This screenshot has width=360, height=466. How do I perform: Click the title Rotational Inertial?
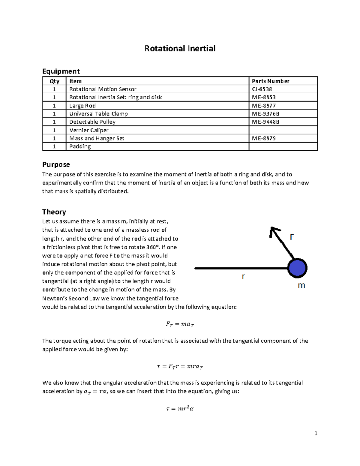pos(180,49)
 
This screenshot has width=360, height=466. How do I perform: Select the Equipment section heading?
pos(61,71)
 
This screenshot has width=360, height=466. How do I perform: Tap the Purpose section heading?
pos(56,164)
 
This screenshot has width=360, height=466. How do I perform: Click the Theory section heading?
pos(54,212)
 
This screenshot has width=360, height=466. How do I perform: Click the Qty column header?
pos(54,81)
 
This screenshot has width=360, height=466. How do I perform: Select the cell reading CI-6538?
pos(262,89)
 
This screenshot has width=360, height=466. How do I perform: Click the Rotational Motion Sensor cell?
pos(103,89)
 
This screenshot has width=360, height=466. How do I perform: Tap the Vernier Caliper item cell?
pos(89,130)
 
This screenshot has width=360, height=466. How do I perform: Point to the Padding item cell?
pos(80,146)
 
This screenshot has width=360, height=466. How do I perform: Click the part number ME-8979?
pos(264,138)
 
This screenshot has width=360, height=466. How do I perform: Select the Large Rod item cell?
pos(82,106)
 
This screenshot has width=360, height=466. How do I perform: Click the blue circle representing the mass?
pos(297,268)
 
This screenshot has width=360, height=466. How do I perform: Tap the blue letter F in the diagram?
pos(292,237)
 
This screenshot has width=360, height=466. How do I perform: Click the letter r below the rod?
pos(243,277)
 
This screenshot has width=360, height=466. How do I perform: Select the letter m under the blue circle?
pos(301,286)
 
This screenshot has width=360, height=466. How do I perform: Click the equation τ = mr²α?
pos(180,408)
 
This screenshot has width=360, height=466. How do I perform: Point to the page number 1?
pos(316,433)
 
